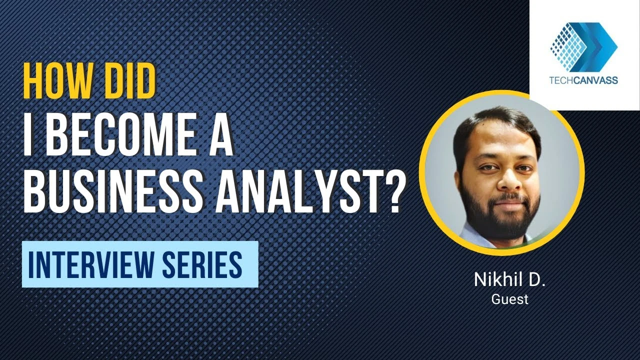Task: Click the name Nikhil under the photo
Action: point(495,279)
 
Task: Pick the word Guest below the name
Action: point(509,299)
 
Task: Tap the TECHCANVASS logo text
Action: point(583,80)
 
